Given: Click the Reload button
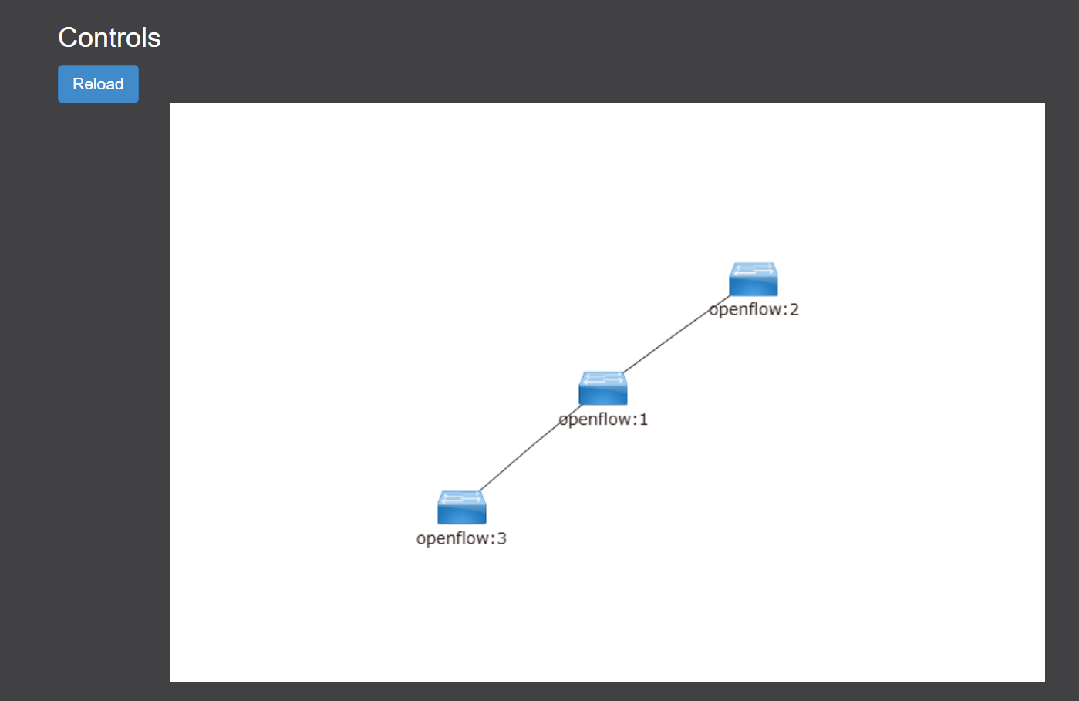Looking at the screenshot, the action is [x=98, y=84].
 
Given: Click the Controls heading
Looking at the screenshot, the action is [x=110, y=38].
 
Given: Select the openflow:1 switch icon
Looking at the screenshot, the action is [x=603, y=389].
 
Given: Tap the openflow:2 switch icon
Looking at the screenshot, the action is [x=754, y=279].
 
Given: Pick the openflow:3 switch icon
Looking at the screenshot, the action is [x=462, y=507].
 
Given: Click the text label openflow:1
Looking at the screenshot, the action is [x=603, y=420].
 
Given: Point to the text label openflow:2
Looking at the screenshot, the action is [x=754, y=310].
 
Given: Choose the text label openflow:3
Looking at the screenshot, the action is [x=461, y=538].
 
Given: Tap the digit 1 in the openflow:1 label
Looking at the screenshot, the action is [x=643, y=420].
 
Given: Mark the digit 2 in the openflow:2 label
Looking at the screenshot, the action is [x=794, y=310].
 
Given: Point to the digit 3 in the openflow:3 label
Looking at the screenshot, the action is [x=501, y=538].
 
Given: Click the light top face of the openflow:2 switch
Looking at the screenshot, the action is [x=754, y=269].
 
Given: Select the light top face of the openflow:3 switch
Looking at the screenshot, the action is [x=462, y=497].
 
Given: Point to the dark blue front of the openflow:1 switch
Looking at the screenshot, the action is [x=603, y=395].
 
